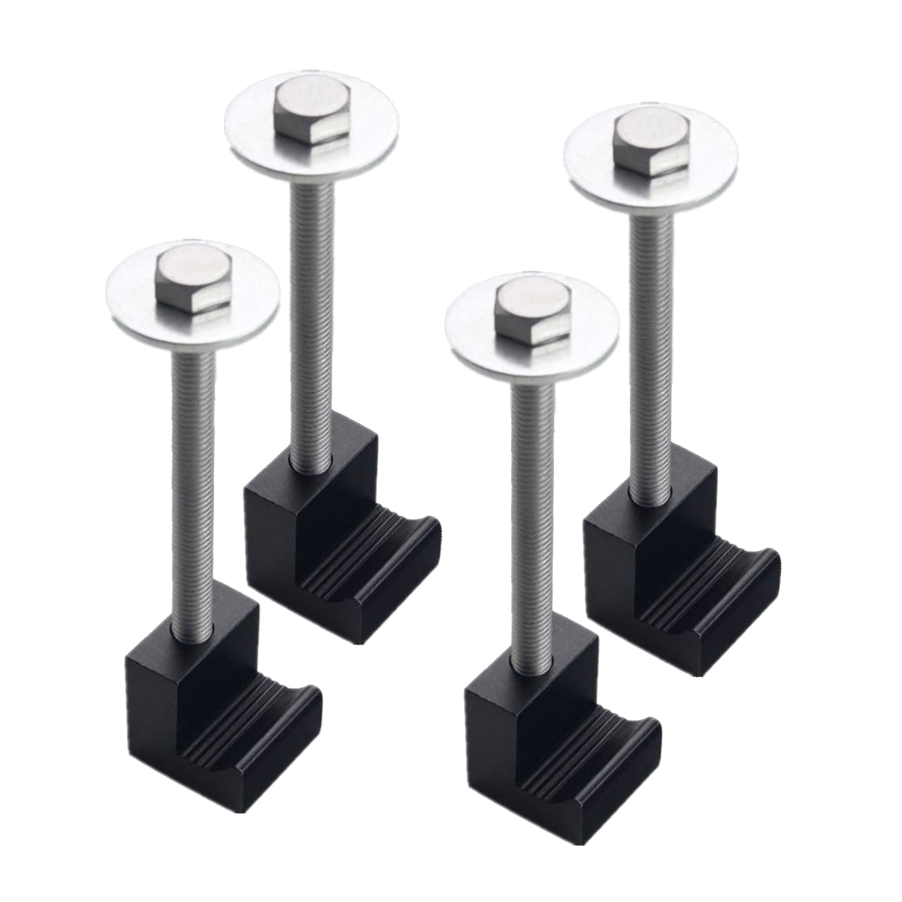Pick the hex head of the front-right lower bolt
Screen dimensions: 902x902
(532, 313)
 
